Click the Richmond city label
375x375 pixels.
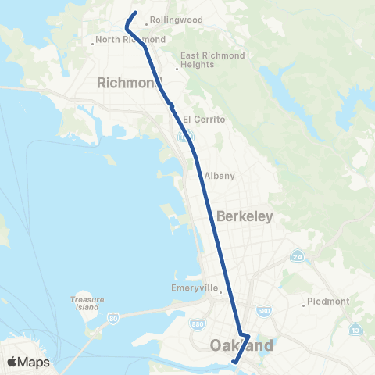click(x=129, y=83)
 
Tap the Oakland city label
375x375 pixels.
click(x=242, y=345)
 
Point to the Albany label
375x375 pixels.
click(x=220, y=176)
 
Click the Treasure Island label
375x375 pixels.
click(x=87, y=302)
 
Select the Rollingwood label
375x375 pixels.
click(x=176, y=20)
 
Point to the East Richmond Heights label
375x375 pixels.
click(x=212, y=60)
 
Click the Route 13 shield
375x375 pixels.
click(x=357, y=330)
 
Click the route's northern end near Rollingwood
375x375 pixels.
click(x=136, y=13)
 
